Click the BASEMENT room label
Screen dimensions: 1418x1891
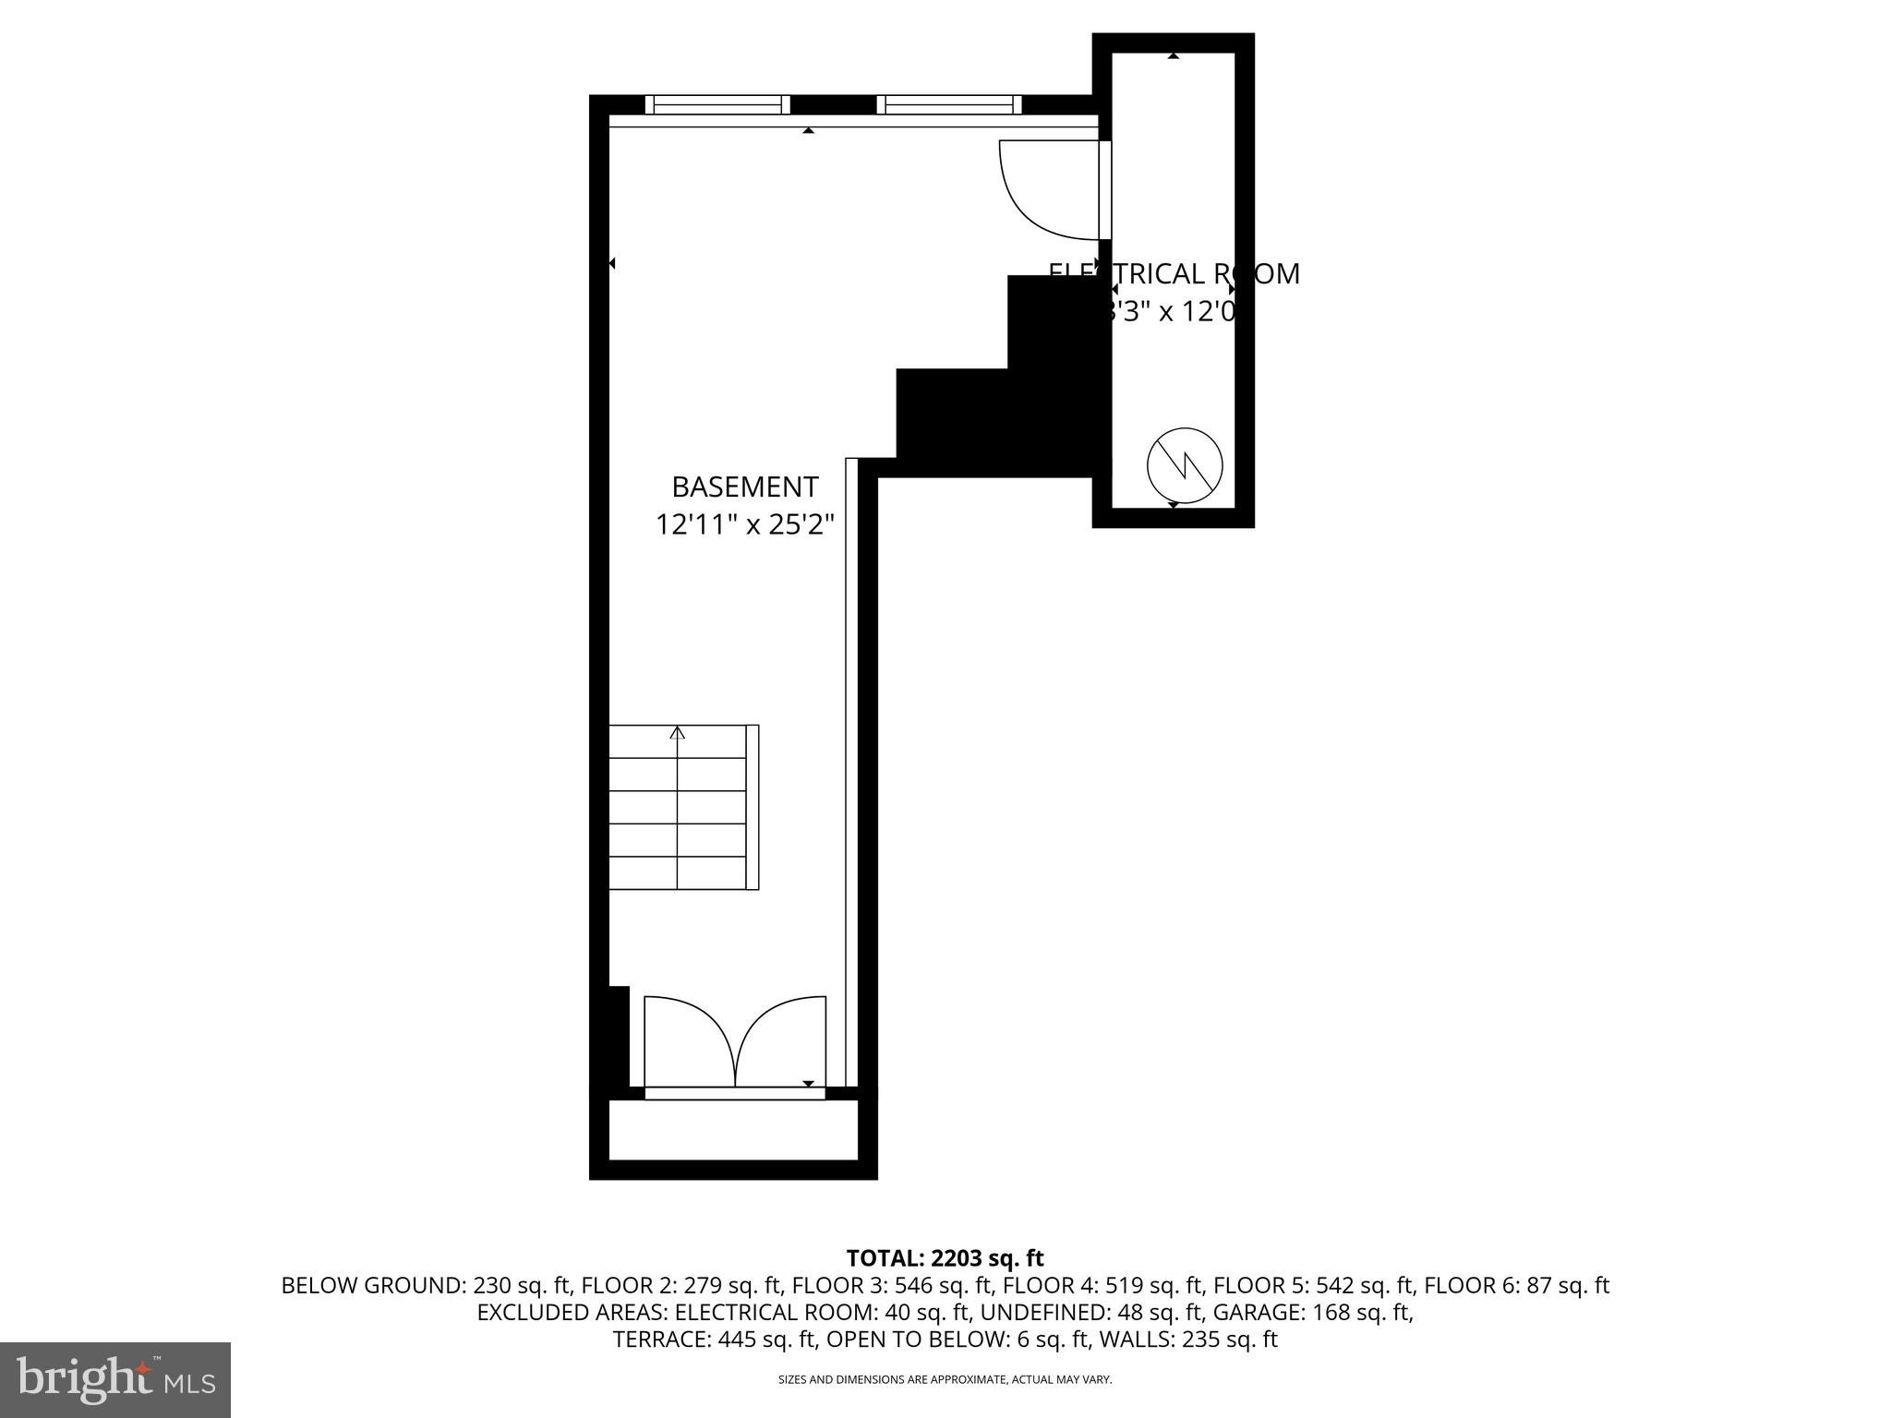pyautogui.click(x=744, y=487)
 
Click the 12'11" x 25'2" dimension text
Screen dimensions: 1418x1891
pyautogui.click(x=744, y=525)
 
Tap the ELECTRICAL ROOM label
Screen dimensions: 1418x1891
pyautogui.click(x=1174, y=274)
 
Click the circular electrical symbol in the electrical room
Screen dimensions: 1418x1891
pyautogui.click(x=1185, y=465)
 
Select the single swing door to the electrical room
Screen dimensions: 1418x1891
pyautogui.click(x=1053, y=189)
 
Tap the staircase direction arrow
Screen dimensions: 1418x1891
pyautogui.click(x=678, y=733)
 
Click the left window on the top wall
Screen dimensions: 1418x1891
pyautogui.click(x=717, y=104)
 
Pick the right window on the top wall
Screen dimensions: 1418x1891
pyautogui.click(x=949, y=104)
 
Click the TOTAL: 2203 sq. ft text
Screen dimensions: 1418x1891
pyautogui.click(x=945, y=1258)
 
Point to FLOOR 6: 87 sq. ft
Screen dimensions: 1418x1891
pyautogui.click(x=1516, y=1285)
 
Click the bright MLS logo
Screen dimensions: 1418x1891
pyautogui.click(x=115, y=1379)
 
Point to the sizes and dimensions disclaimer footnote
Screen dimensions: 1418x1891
pyautogui.click(x=945, y=1379)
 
